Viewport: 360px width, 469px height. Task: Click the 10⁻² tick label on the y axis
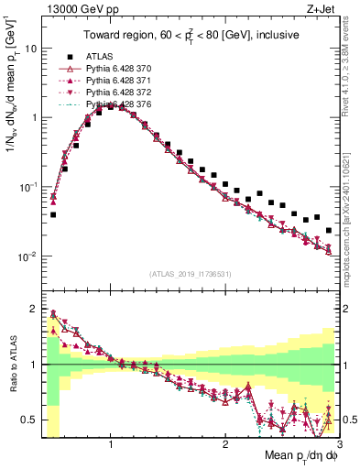point(27,256)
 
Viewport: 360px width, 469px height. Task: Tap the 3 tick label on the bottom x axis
point(339,443)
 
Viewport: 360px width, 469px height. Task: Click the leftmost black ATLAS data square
point(53,215)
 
